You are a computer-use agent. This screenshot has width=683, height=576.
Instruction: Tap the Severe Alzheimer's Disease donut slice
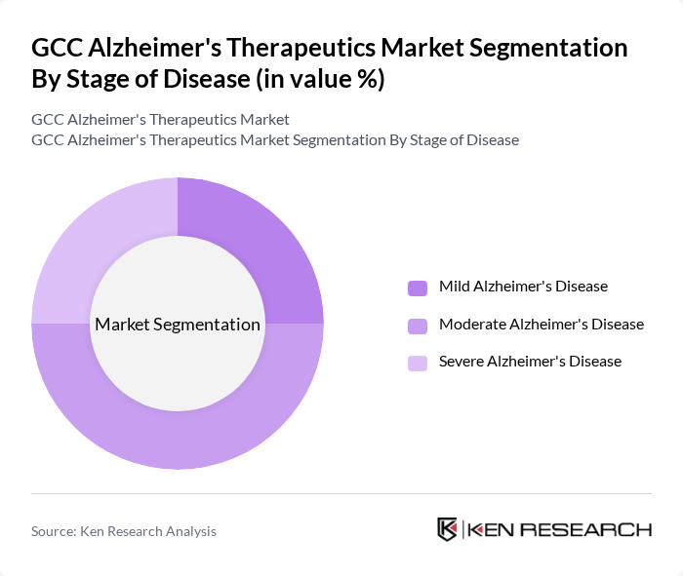(94, 239)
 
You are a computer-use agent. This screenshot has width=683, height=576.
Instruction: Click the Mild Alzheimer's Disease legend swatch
(418, 288)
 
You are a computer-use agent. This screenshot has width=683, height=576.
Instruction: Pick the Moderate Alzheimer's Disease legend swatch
(418, 325)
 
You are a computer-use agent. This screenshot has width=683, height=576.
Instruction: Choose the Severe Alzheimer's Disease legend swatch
(418, 362)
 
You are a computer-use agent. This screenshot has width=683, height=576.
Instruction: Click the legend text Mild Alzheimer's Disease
(523, 287)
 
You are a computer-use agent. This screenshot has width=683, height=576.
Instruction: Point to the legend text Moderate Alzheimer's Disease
(542, 324)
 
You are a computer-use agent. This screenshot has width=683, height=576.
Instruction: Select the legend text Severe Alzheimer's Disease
(530, 361)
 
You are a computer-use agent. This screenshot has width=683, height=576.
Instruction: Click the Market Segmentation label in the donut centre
(178, 325)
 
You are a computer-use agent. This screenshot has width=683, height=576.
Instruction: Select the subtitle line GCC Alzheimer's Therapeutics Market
(160, 119)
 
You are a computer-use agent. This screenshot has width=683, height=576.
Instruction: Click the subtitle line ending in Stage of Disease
(275, 139)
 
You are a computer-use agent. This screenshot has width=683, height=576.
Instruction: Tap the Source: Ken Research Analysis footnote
(124, 531)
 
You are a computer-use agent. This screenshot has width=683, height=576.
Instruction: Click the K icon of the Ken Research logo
(448, 529)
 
